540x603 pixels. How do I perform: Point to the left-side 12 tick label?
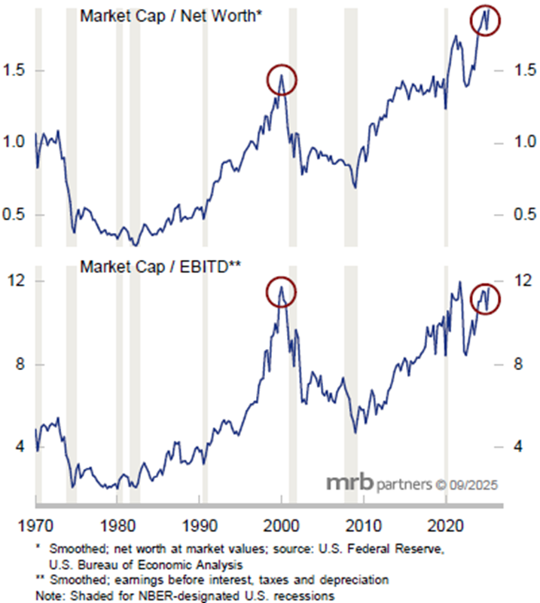pyautogui.click(x=17, y=281)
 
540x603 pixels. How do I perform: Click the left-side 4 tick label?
pyautogui.click(x=20, y=447)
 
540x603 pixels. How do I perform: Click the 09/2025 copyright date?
pyautogui.click(x=473, y=483)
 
